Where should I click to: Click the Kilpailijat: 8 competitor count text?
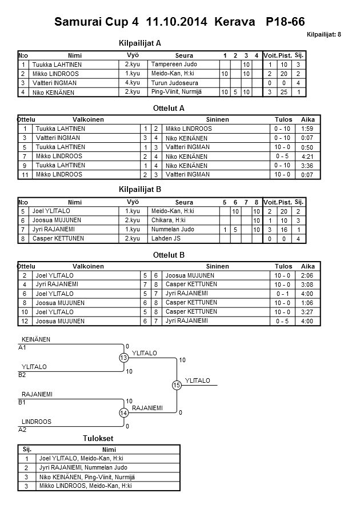point(323,35)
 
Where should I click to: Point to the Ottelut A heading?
point(169,108)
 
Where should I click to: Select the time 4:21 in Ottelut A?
point(307,156)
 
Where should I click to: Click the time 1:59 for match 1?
point(307,129)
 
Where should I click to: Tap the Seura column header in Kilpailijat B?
point(184,202)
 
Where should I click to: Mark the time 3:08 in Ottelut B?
point(307,284)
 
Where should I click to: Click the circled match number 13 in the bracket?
point(123,358)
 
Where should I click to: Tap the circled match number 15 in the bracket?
point(177,386)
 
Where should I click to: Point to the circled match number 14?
point(123,412)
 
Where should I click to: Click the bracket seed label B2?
point(22,375)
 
